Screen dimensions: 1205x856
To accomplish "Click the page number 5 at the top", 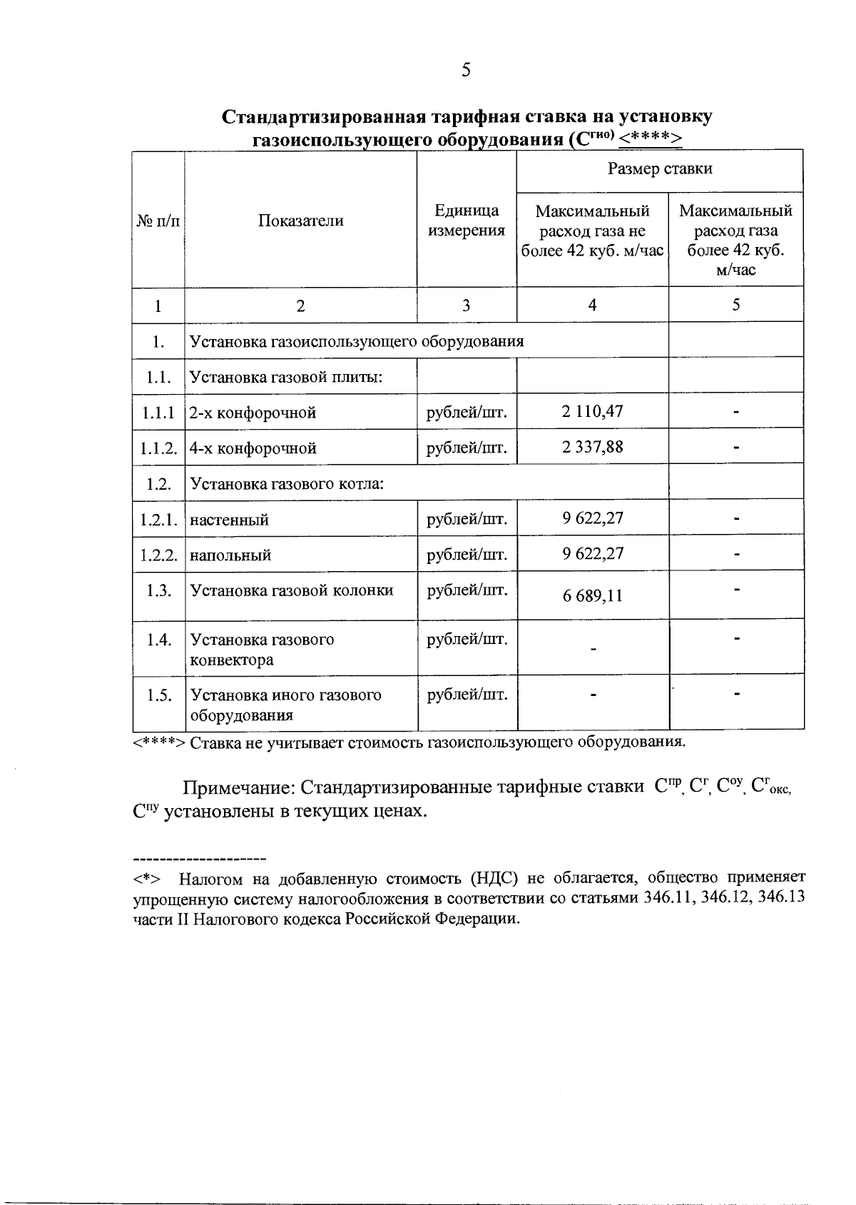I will pyautogui.click(x=466, y=70).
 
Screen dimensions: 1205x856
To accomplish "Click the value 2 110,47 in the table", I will pyautogui.click(x=593, y=411).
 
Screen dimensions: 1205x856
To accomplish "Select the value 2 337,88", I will pyautogui.click(x=593, y=447).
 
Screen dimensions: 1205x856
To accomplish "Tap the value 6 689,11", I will pyautogui.click(x=593, y=595).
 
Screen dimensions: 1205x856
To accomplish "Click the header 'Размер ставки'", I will pyautogui.click(x=660, y=169).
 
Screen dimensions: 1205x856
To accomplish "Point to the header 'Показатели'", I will pyautogui.click(x=300, y=221).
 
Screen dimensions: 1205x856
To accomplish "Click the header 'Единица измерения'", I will pyautogui.click(x=467, y=221).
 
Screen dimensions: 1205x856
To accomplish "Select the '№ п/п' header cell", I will pyautogui.click(x=158, y=221).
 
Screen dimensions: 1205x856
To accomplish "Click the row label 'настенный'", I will pyautogui.click(x=229, y=520).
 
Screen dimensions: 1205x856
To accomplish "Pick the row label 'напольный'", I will pyautogui.click(x=230, y=555).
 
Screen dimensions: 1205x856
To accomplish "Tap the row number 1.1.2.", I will pyautogui.click(x=158, y=448).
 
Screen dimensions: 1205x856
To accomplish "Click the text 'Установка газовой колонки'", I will pyautogui.click(x=292, y=591).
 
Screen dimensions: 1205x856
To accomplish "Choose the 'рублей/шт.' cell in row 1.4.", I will pyautogui.click(x=467, y=640).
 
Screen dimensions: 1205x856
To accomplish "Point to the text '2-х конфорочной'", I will pyautogui.click(x=253, y=413).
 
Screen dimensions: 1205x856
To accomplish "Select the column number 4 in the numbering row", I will pyautogui.click(x=592, y=305).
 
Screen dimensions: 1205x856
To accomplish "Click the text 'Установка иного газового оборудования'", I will pyautogui.click(x=285, y=705).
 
